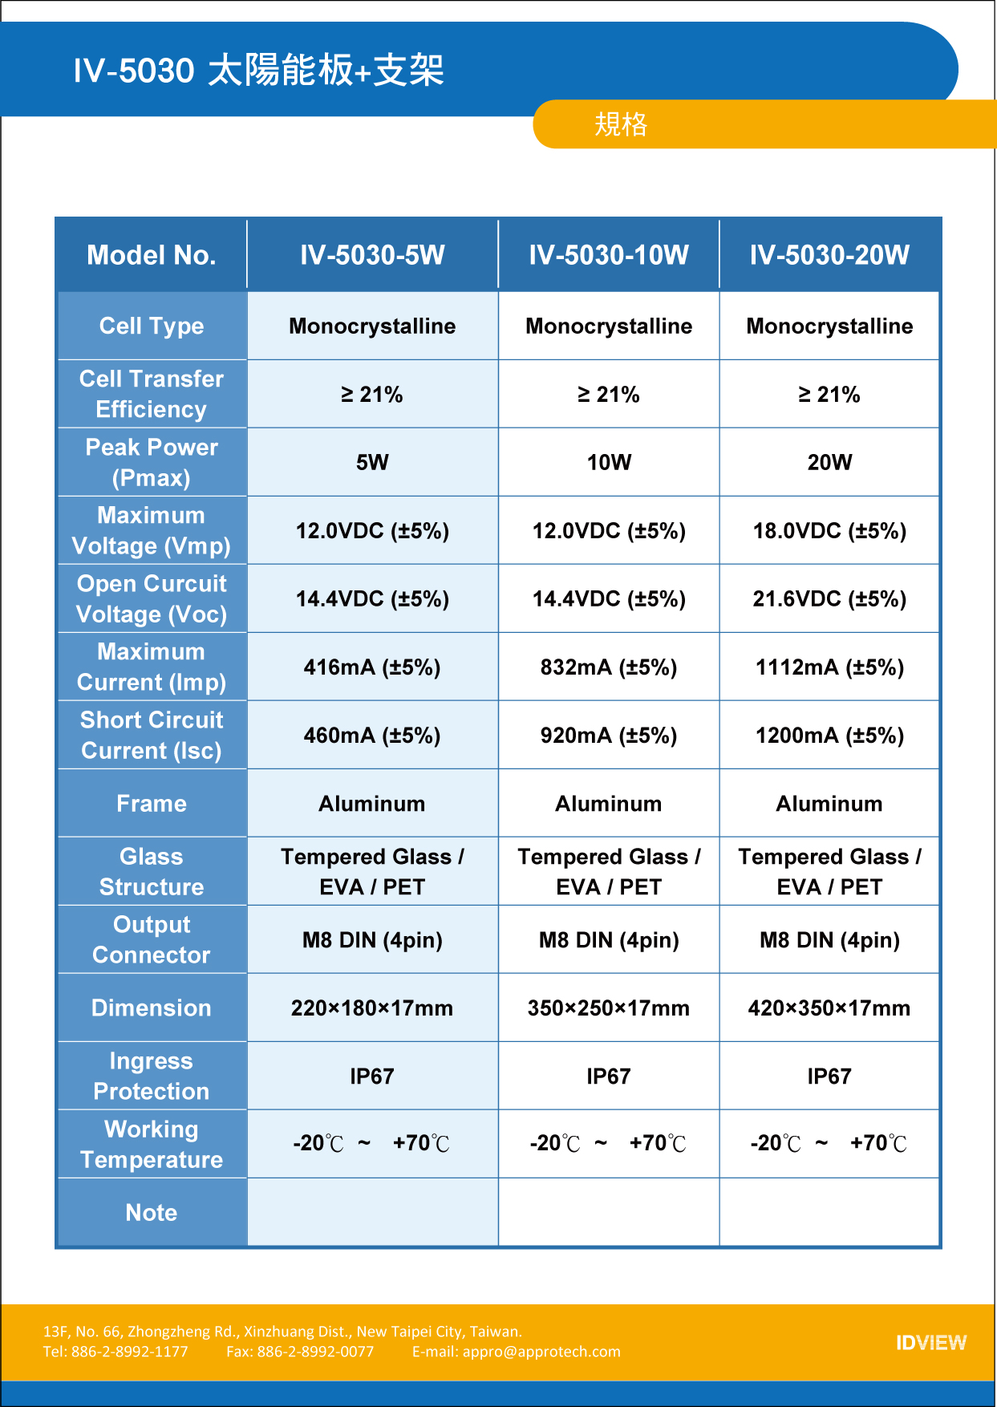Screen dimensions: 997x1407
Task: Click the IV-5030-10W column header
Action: (x=609, y=255)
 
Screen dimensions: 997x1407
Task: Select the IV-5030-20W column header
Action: (x=829, y=255)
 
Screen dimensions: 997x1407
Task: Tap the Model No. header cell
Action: (x=152, y=255)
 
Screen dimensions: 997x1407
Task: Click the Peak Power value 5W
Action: (x=372, y=462)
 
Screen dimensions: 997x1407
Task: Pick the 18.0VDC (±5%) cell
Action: (x=829, y=531)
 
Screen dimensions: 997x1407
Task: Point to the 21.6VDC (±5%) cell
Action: (x=829, y=599)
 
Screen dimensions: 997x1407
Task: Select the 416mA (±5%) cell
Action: (x=372, y=667)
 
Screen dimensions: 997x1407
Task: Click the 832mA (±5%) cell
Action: (x=609, y=667)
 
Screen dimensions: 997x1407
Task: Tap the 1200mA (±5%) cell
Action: (x=829, y=736)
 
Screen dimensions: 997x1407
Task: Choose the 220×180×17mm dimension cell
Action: (x=372, y=1008)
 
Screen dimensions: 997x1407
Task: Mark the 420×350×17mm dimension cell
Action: (x=829, y=1008)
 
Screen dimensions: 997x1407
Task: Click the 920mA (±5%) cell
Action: (x=609, y=736)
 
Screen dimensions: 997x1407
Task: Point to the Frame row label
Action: (x=152, y=804)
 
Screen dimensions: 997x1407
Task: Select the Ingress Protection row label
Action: (x=152, y=1077)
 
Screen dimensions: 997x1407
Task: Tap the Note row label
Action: (x=152, y=1213)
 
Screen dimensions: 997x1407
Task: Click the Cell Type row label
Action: (x=152, y=326)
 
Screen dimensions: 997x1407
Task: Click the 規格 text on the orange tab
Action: (x=621, y=124)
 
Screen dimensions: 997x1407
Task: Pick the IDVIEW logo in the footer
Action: (x=931, y=1343)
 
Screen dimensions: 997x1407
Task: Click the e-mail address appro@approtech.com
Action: (x=541, y=1352)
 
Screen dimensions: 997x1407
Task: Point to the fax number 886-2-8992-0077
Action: (x=315, y=1352)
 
